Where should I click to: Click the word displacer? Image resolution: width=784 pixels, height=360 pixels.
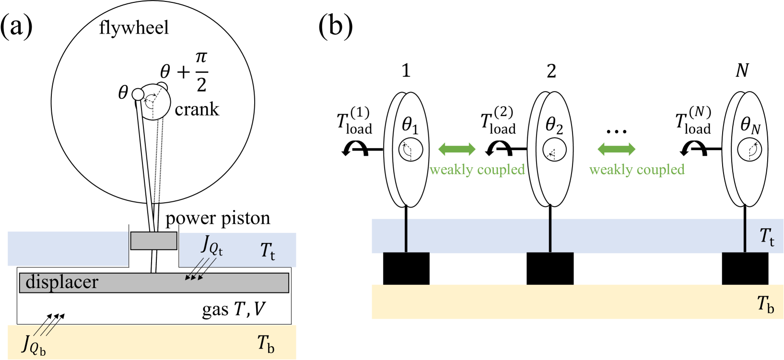(61, 282)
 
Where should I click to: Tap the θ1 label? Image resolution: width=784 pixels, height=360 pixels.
(410, 126)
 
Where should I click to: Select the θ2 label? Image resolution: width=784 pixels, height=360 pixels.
(554, 126)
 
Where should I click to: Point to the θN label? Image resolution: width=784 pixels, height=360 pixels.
(750, 126)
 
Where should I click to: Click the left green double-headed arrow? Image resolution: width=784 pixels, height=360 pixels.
(457, 149)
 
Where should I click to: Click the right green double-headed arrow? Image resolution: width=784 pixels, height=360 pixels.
(616, 149)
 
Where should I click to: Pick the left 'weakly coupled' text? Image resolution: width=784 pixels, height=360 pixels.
(477, 170)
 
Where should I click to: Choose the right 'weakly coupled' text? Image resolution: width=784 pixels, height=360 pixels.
(636, 170)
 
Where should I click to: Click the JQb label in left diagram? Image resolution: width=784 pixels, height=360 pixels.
(34, 345)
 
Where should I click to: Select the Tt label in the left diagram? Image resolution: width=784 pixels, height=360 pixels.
(268, 251)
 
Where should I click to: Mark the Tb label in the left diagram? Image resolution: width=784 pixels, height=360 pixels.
(266, 343)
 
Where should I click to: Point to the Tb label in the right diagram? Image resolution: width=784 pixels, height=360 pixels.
(765, 304)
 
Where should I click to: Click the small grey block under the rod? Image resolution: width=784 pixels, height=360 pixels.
(153, 241)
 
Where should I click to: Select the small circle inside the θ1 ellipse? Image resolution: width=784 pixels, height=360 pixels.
(410, 150)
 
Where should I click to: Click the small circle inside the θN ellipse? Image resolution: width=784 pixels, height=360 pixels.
(750, 150)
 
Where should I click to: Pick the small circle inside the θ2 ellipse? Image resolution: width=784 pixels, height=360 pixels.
(554, 150)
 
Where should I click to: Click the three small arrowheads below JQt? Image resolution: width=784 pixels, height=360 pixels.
(195, 277)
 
